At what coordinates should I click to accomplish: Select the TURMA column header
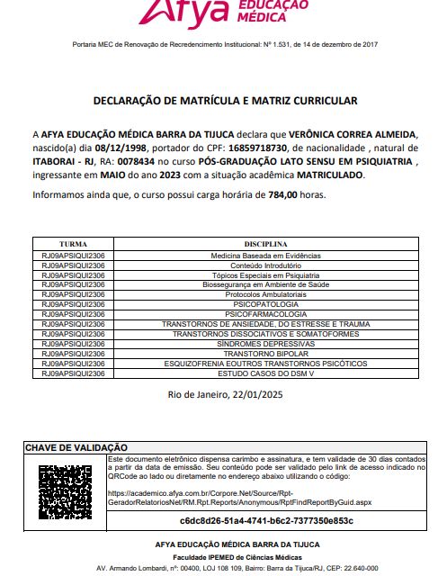tap(73, 244)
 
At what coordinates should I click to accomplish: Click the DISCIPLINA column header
tap(264, 244)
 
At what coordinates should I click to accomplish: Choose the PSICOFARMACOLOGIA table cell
tap(264, 314)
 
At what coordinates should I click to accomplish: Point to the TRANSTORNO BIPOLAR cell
tap(264, 353)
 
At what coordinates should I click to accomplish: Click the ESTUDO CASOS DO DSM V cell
tap(264, 372)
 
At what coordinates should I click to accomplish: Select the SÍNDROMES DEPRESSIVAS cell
tap(264, 343)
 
